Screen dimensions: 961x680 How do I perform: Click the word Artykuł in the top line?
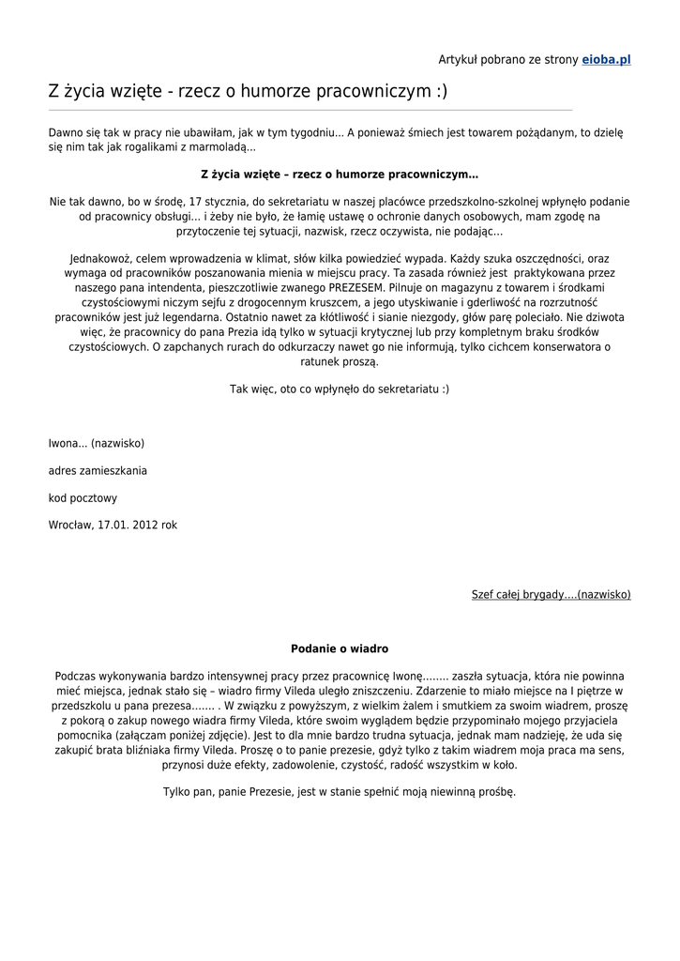(x=460, y=59)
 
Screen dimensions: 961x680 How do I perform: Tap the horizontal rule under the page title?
(x=310, y=110)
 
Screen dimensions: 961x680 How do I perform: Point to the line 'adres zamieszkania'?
(x=98, y=470)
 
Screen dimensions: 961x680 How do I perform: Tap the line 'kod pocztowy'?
(x=83, y=498)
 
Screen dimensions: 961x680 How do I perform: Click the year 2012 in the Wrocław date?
(x=144, y=526)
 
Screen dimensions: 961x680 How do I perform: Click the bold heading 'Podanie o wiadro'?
(x=340, y=648)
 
